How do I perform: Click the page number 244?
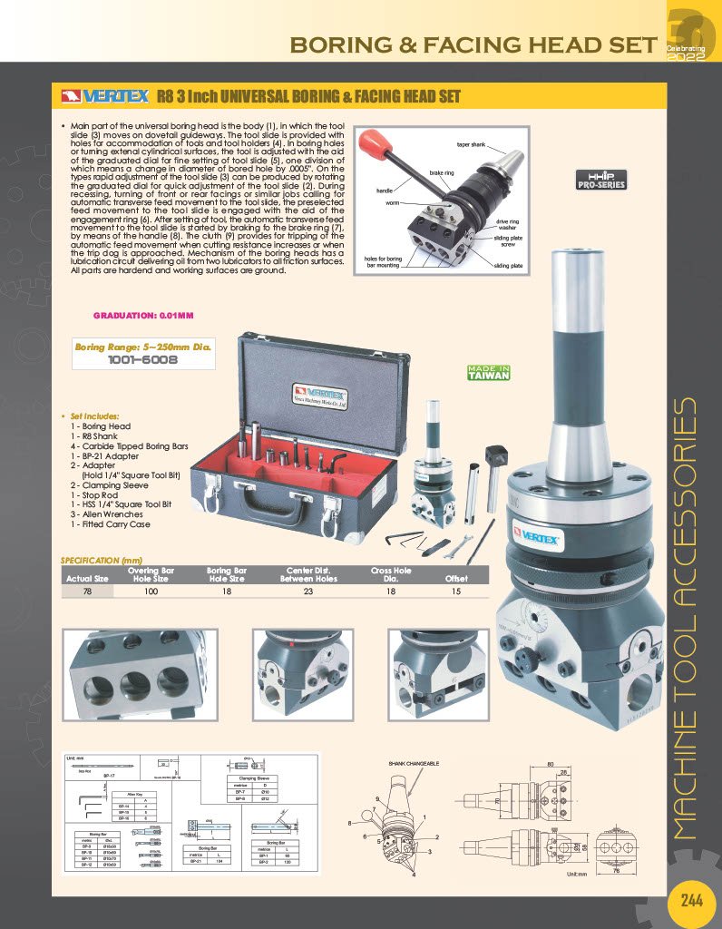tap(691, 901)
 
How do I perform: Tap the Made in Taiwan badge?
tap(488, 372)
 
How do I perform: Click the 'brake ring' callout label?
tap(442, 172)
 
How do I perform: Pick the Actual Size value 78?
tap(87, 591)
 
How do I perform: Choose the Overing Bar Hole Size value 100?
tap(150, 591)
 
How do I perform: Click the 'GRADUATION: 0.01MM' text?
tap(142, 315)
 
